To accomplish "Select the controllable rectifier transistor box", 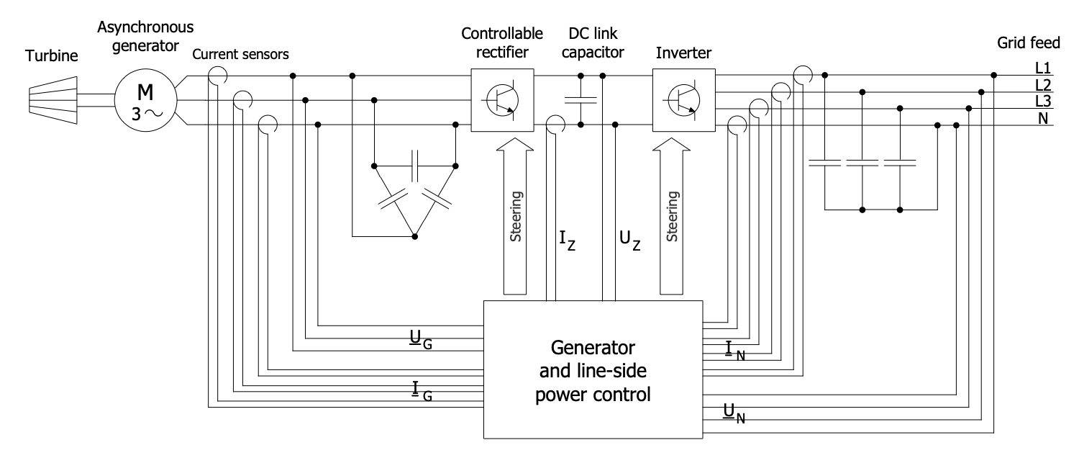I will coord(502,100).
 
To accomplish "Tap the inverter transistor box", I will coord(683,100).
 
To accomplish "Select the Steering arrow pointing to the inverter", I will coord(672,216).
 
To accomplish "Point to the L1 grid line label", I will coord(1042,69).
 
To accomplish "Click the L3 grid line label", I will coord(1042,101).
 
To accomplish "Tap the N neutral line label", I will coord(1042,117).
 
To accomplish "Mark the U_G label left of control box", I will coord(419,340).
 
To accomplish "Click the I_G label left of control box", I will coord(419,391).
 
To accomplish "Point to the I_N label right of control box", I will coord(735,351).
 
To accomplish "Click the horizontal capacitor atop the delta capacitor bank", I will coord(415,166).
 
